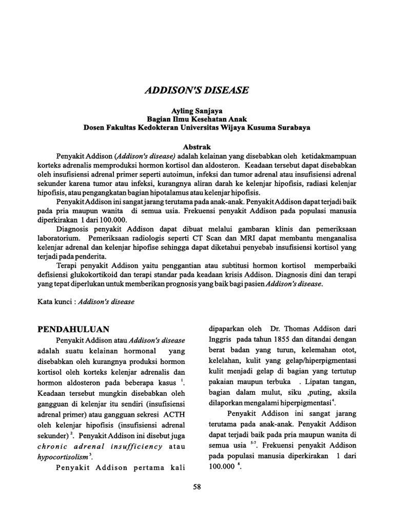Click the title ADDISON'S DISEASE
pyautogui.click(x=197, y=90)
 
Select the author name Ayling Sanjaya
pyautogui.click(x=196, y=111)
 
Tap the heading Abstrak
pyautogui.click(x=196, y=147)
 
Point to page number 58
pyautogui.click(x=196, y=487)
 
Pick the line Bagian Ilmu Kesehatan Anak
pyautogui.click(x=196, y=119)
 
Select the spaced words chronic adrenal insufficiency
pyautogui.click(x=100, y=446)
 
